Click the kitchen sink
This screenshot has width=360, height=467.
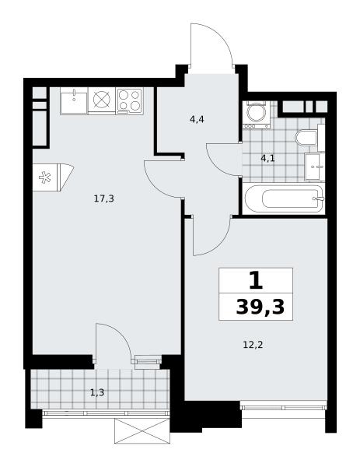74,100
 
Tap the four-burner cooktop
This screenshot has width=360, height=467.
129,100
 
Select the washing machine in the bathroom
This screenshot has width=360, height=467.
257,114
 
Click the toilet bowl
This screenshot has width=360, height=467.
306,138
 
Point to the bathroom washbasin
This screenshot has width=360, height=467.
314,167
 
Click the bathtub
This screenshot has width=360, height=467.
284,198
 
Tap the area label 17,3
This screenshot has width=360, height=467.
104,198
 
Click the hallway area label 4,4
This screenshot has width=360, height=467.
197,120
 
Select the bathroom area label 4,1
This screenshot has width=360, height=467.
267,159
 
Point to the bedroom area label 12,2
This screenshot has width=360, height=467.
253,345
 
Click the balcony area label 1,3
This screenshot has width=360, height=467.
97,393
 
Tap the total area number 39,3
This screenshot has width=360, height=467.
260,307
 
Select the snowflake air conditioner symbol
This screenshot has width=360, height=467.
45,177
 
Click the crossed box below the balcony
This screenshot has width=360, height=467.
142,431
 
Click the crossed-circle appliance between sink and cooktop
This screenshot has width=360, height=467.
102,99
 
